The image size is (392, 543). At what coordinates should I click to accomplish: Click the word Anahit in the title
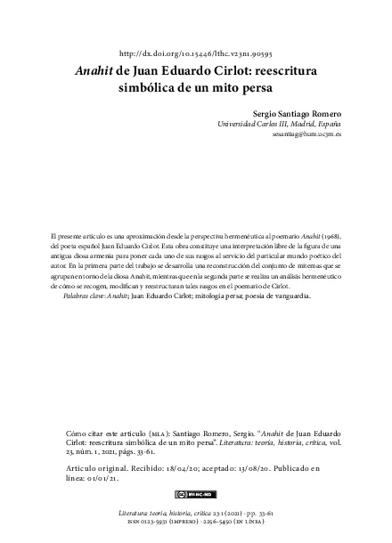[x=96, y=72]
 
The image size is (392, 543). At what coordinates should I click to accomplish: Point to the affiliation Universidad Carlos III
[x=257, y=127]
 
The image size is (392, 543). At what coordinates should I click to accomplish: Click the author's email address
[x=306, y=139]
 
